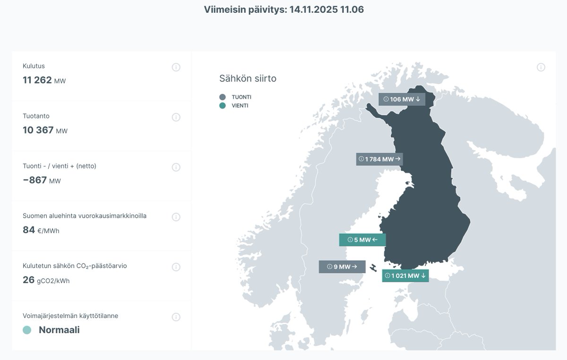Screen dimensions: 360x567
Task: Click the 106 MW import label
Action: [x=402, y=99]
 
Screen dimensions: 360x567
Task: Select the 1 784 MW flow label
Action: [x=379, y=159]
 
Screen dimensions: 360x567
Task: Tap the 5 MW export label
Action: [x=362, y=240]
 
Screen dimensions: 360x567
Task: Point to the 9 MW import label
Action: [x=342, y=267]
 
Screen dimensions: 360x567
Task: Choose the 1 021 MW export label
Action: [x=405, y=276]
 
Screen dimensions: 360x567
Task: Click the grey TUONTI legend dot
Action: [x=223, y=97]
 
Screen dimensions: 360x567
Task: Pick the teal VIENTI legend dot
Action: [x=223, y=106]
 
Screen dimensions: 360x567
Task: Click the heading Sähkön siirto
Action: [x=248, y=78]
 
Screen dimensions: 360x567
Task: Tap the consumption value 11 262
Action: [x=37, y=80]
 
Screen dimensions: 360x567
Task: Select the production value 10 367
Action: [x=38, y=130]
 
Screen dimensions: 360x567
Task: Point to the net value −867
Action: [x=35, y=180]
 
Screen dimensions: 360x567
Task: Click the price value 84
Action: [x=29, y=230]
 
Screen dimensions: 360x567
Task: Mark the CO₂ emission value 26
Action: [x=29, y=280]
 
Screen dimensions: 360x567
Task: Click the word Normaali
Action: [x=59, y=330]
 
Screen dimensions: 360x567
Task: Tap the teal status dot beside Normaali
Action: [x=27, y=330]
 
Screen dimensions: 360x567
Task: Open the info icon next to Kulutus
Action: [x=176, y=67]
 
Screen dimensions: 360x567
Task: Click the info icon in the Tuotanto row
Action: [x=176, y=117]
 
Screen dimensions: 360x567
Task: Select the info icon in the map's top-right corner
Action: [x=541, y=67]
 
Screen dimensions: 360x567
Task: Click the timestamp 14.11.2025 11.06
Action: [x=326, y=9]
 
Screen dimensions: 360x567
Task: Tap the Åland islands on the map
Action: [x=373, y=268]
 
